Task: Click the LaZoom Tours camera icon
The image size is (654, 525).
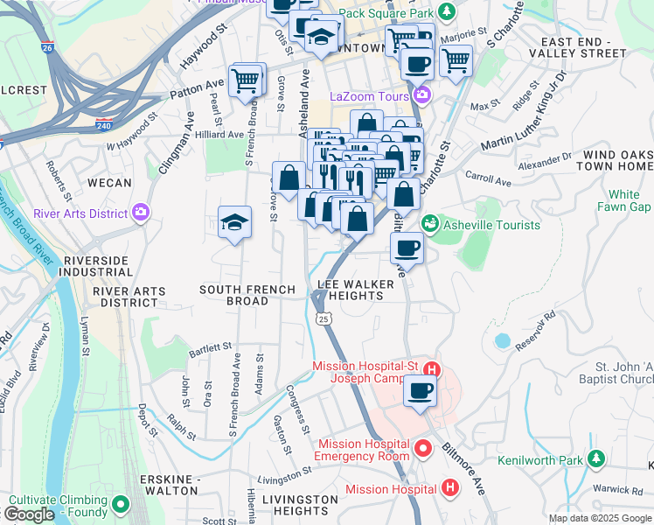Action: coord(423,95)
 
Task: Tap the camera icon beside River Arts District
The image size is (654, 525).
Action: coord(141,213)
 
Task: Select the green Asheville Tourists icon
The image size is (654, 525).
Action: coord(429,225)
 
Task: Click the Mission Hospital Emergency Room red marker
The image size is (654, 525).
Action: coord(424,450)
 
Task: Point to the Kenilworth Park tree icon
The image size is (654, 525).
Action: coord(596,458)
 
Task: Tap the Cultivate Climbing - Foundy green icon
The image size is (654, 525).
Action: coord(120,505)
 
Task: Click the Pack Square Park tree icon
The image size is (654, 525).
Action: coord(447,12)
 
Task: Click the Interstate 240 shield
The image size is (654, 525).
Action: coord(104,124)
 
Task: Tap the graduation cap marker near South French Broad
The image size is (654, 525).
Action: coord(235,223)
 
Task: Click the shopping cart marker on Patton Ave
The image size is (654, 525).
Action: coord(246,80)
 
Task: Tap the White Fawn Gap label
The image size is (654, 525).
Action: coord(624,200)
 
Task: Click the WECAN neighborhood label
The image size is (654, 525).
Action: coord(109,184)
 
